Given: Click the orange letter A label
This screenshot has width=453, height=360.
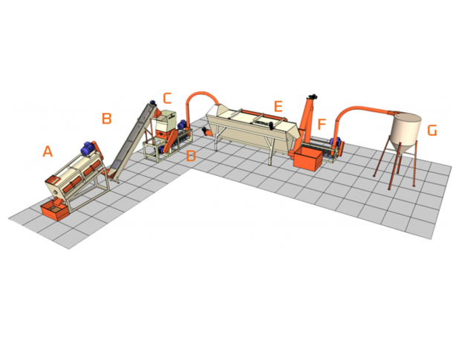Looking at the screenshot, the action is coord(48,151).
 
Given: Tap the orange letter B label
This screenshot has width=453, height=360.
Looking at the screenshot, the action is coord(107,118).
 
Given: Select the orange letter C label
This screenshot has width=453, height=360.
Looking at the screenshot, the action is coord(167,98).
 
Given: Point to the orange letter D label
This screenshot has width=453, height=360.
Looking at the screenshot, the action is coord(191,156).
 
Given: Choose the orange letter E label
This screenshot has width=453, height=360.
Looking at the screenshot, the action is coord(278,106).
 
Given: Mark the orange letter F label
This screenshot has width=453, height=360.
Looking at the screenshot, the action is coord(322,124).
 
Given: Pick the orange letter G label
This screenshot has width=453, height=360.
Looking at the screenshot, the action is coord(432,130).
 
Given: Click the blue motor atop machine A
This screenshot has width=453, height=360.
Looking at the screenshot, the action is coord(87,148).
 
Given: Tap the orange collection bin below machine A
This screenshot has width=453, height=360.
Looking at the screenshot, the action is coord(55,211).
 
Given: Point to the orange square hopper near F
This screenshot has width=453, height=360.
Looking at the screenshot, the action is coord(308,159).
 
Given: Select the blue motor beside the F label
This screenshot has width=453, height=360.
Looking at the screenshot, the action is coord(335,142).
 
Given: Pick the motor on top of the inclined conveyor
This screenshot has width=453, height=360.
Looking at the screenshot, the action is coord(152,102).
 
